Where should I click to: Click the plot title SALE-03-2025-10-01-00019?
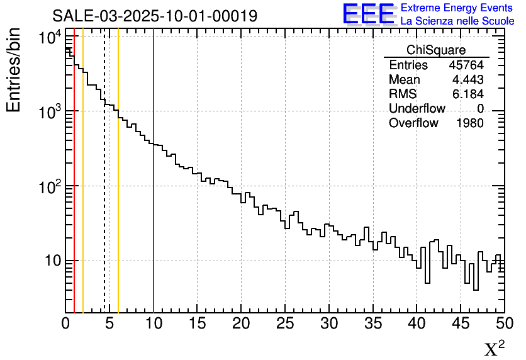[x=155, y=16]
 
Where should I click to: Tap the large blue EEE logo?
[x=368, y=14]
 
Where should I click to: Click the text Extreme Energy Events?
[x=457, y=8]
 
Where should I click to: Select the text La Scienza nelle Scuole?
[x=457, y=21]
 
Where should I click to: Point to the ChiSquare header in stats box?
[x=436, y=50]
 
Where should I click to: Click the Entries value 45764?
[x=466, y=65]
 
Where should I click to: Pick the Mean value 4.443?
[x=467, y=79]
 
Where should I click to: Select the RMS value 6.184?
[x=467, y=94]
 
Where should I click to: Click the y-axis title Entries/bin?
[x=14, y=70]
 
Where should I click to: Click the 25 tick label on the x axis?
[x=285, y=323]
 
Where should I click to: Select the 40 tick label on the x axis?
[x=417, y=323]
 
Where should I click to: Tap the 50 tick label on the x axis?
[x=504, y=323]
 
